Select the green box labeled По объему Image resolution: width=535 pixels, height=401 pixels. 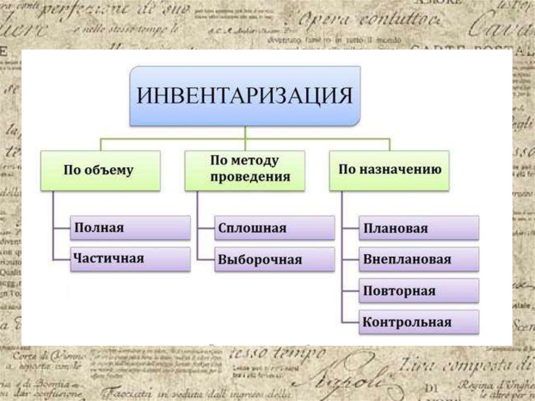click(x=99, y=170)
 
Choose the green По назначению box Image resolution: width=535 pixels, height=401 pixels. click(x=389, y=170)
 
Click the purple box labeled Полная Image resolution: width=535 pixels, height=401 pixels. click(x=130, y=228)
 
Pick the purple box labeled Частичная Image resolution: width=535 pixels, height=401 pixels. click(x=130, y=258)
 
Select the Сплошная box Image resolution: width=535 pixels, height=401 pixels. click(x=274, y=228)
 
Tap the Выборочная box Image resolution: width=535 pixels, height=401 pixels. click(x=274, y=259)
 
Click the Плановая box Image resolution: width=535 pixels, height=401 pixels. click(x=418, y=228)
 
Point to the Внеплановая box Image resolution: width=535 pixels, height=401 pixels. click(x=418, y=259)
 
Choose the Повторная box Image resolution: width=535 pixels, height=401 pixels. click(x=418, y=291)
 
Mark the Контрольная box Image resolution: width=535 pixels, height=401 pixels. click(x=418, y=322)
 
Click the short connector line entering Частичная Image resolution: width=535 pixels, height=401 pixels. click(x=62, y=259)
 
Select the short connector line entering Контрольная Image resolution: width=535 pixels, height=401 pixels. click(x=350, y=322)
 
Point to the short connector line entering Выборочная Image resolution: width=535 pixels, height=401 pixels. click(x=206, y=259)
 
